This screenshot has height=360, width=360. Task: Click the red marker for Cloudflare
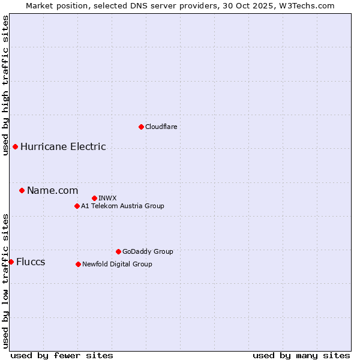[x=141, y=127]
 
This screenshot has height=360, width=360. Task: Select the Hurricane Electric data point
[x=15, y=146]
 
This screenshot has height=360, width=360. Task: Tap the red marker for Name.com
[x=22, y=190]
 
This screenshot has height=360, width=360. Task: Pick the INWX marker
[x=94, y=198]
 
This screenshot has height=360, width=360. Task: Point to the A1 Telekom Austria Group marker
[x=77, y=206]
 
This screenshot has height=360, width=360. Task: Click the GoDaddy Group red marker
[x=118, y=251]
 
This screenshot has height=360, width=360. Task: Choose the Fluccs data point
[x=11, y=262]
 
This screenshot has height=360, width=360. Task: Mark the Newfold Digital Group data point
[x=78, y=264]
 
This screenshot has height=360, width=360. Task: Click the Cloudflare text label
[x=161, y=127]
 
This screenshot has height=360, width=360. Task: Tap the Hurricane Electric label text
[x=63, y=146]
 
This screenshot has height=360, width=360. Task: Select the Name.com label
[x=52, y=190]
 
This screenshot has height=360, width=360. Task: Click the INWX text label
[x=107, y=198]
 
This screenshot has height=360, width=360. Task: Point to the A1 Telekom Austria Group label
[x=122, y=206]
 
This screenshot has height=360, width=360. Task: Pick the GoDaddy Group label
[x=148, y=251]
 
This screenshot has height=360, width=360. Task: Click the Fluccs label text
[x=31, y=262]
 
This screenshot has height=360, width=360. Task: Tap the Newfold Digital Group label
[x=117, y=264]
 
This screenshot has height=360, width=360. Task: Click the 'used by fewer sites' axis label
[x=62, y=355]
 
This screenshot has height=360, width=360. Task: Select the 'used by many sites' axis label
[x=301, y=355]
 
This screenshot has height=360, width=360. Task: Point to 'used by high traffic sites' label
[x=5, y=85]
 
